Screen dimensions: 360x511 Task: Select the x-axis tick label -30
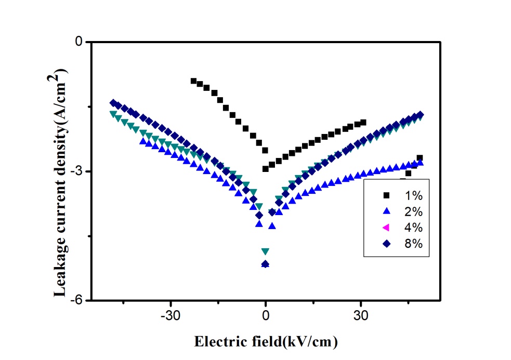point(171,315)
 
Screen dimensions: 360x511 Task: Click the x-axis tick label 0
point(266,315)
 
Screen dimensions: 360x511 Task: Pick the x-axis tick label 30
point(361,315)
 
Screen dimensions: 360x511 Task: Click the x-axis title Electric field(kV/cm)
point(266,342)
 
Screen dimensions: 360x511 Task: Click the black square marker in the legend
point(386,195)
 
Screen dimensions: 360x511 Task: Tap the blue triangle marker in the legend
point(386,211)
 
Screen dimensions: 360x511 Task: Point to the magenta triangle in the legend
point(386,227)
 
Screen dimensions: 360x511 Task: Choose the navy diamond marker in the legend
point(386,243)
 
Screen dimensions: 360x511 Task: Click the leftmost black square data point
point(193,81)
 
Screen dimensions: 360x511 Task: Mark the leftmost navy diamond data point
point(113,103)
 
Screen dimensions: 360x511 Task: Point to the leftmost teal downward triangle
point(112,114)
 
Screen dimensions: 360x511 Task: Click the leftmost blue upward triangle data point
point(143,141)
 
